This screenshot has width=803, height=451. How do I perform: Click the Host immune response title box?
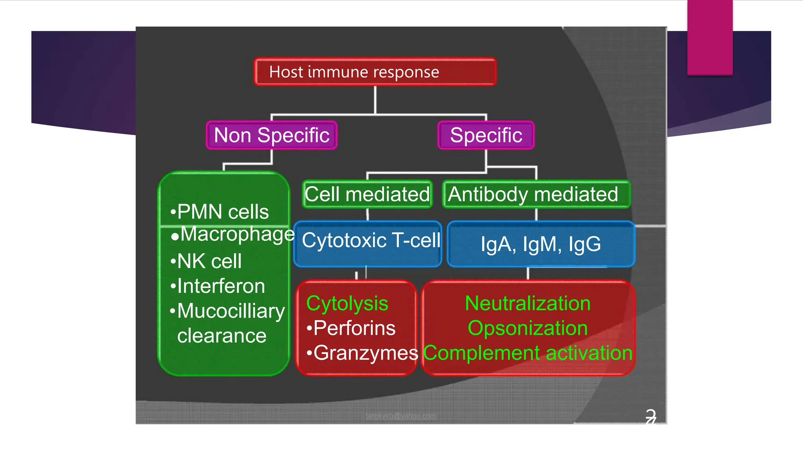375,72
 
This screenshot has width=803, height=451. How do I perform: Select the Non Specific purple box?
271,135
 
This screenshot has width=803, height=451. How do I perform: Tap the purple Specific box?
486,135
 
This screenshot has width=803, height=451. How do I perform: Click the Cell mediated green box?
367,194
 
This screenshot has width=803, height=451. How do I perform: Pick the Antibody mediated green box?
536,194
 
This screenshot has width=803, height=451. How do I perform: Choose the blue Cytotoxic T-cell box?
368,244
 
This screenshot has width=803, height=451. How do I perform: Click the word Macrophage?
237,234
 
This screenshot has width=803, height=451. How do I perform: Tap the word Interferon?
221,286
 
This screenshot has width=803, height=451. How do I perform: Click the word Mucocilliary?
231,311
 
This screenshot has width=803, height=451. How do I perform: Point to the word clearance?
222,336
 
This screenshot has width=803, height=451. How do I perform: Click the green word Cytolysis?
347,304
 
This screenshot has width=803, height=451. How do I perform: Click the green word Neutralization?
527,303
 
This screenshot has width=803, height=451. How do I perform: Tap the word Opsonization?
527,328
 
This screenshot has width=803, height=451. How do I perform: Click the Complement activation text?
527,353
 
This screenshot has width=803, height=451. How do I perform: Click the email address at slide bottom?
400,416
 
